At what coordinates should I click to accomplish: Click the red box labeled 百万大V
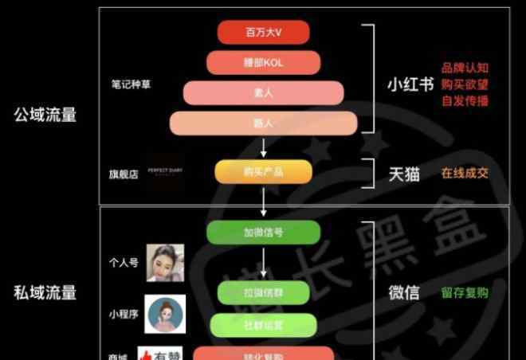264,33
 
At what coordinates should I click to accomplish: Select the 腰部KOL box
264,62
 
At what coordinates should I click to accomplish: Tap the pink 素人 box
264,92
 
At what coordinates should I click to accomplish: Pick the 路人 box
264,123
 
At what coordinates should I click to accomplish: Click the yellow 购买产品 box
264,172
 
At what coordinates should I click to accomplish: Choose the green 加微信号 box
264,233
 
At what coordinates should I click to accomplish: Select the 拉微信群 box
264,292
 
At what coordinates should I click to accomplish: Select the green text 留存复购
465,292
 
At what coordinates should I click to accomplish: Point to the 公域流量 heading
45,115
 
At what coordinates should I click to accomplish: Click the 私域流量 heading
45,292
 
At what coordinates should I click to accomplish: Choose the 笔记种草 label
130,84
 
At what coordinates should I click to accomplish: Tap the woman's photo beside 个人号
165,263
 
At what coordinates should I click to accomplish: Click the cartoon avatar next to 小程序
165,314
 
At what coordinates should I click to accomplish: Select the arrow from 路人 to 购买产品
264,147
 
